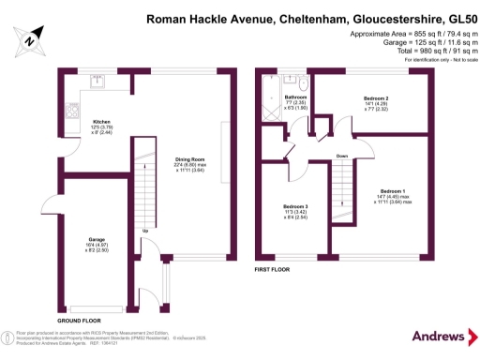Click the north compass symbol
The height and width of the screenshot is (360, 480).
[x=29, y=39]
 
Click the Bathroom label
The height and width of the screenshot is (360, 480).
[x=296, y=97]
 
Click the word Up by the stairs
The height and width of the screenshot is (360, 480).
[x=144, y=231]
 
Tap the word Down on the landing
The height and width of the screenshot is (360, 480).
[x=342, y=156]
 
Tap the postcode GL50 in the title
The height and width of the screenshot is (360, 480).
[x=454, y=17]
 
